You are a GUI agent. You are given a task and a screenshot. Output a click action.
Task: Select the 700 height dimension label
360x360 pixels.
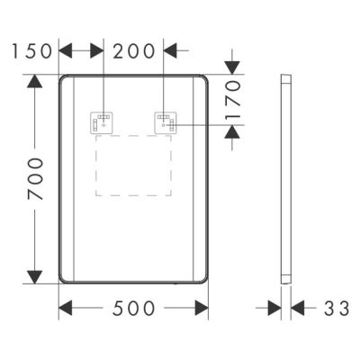coord(34,180)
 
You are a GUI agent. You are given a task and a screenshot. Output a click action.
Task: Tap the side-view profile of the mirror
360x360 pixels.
coord(285,180)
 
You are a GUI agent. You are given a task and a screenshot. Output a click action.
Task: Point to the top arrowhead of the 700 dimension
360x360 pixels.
coord(34,82)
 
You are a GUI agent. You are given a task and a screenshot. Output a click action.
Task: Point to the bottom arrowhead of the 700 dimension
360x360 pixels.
coord(34,277)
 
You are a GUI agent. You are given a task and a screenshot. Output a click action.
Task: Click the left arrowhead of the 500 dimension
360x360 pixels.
coord(67,309)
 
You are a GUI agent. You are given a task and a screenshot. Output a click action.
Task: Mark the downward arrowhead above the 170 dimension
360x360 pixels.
coord(232,68)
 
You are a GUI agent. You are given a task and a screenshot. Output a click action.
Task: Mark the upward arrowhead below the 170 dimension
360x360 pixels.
coord(232,132)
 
